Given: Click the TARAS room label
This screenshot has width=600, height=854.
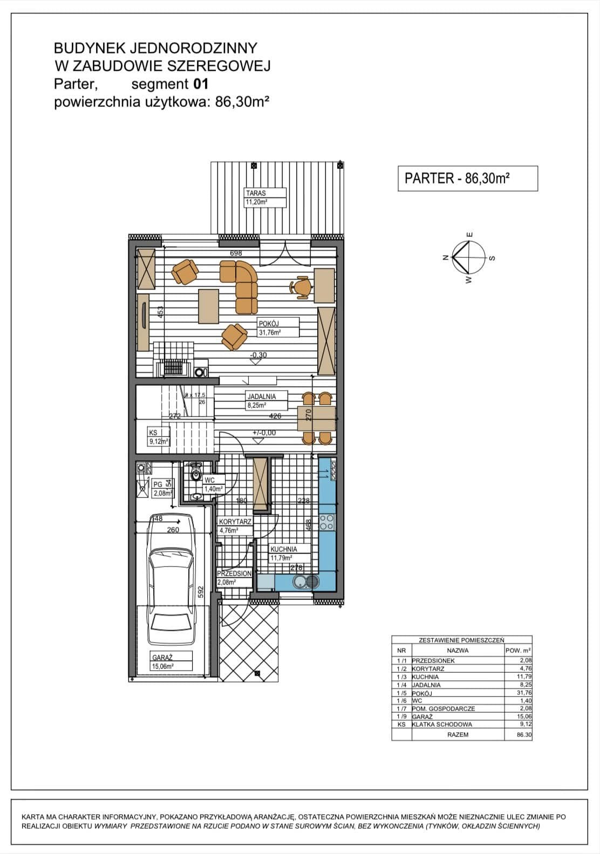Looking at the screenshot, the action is click(265, 197).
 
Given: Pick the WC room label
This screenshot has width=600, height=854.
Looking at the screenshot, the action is click(214, 485).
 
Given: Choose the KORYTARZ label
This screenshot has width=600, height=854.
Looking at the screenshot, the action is click(235, 526).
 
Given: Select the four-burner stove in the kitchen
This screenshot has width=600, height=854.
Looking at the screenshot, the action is click(326, 523).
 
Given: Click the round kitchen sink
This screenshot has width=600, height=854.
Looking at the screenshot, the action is click(299, 582).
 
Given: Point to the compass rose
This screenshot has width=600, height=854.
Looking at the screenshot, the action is click(469, 258).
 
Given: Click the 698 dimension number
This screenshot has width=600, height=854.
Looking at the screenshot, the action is click(236, 253).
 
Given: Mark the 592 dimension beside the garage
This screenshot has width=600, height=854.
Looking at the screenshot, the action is click(202, 592).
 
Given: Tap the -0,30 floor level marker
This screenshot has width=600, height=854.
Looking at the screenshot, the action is click(258, 355).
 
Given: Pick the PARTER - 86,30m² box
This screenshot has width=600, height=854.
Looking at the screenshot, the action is click(468, 179).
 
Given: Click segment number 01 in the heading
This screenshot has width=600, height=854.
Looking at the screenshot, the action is click(201, 84).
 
